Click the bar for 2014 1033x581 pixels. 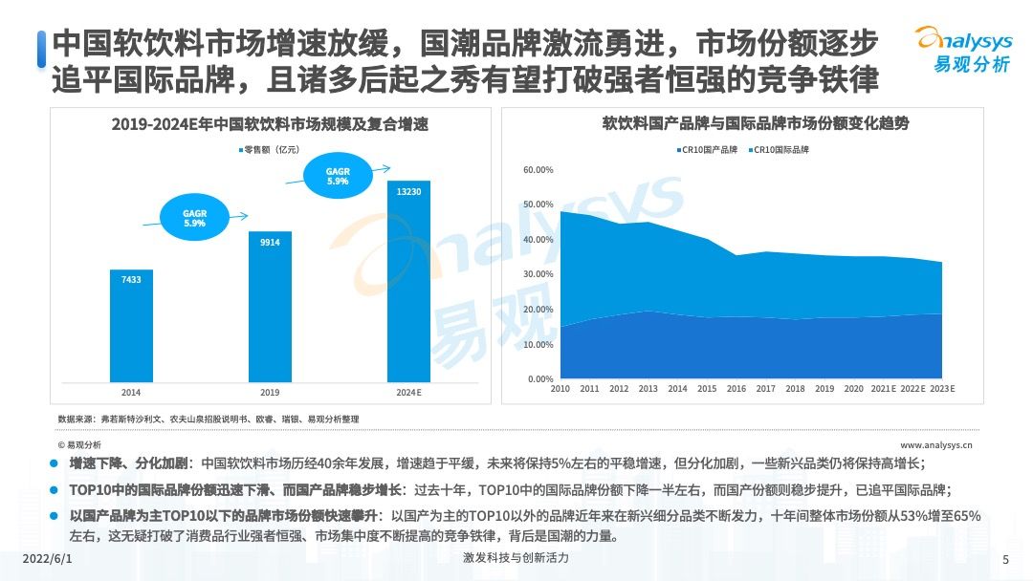click(130, 325)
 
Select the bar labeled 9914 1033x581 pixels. click(270, 306)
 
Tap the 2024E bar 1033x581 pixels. click(408, 281)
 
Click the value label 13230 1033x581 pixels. click(408, 192)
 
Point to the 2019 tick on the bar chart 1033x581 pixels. click(270, 392)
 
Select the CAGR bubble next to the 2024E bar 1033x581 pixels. click(337, 177)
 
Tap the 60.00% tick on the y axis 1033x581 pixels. click(538, 170)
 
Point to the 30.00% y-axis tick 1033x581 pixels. click(538, 274)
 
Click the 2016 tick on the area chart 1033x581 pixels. click(736, 389)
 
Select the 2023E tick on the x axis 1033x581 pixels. click(941, 389)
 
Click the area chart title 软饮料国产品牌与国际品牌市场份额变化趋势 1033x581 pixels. click(755, 124)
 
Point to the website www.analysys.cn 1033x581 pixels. click(935, 444)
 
